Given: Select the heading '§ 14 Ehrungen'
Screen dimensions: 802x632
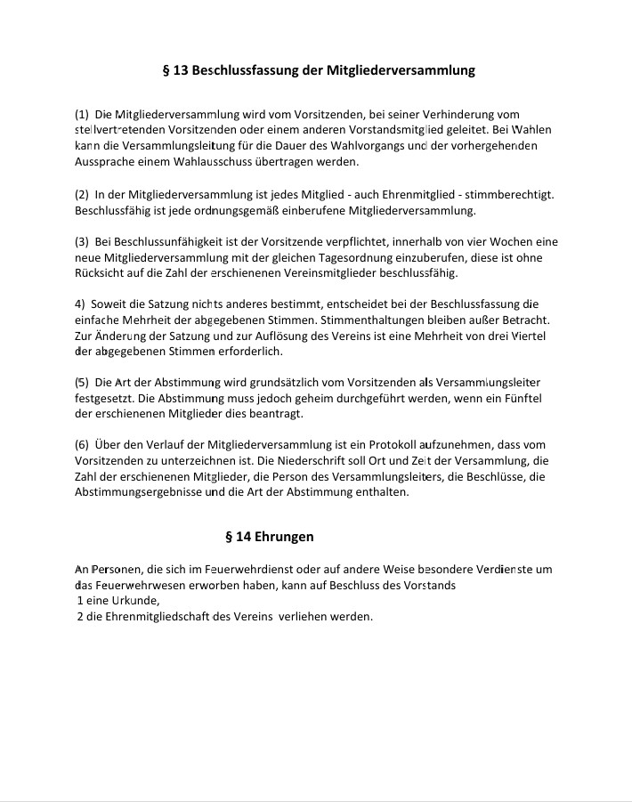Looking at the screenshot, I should pyautogui.click(x=269, y=537).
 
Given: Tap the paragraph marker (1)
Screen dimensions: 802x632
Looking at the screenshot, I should pyautogui.click(x=82, y=114).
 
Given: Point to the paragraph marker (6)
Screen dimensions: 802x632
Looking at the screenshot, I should pyautogui.click(x=82, y=444).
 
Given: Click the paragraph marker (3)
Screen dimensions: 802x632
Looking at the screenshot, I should pyautogui.click(x=82, y=241).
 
